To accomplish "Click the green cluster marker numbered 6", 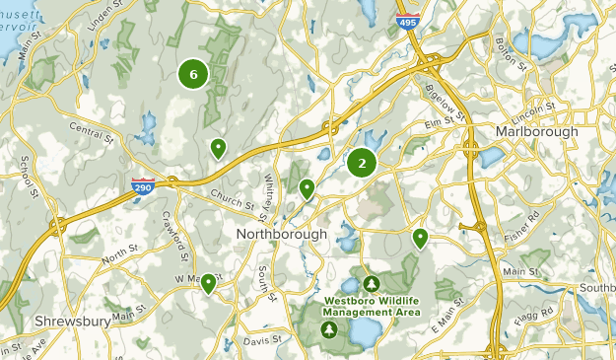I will point(193,73).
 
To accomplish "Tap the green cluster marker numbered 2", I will point(362,163).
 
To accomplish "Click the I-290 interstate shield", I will point(142,184).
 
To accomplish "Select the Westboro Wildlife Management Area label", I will point(374,306).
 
